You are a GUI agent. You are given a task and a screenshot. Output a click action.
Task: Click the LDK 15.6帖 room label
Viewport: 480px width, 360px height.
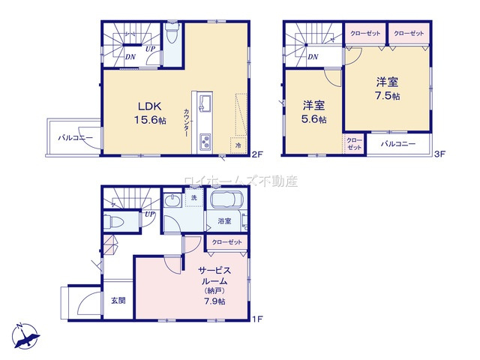tap(149, 112)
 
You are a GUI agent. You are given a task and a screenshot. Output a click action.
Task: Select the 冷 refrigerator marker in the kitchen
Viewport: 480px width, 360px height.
tap(238, 144)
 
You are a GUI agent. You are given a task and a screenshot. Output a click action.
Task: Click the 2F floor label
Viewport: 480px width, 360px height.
tap(256, 155)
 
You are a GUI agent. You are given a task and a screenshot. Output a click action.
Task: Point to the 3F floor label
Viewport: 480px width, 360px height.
tap(441, 155)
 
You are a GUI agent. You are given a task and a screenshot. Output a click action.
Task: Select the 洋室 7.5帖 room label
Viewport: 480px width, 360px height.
tap(386, 88)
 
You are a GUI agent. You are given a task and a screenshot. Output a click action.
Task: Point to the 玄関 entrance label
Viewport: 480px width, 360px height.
tap(118, 301)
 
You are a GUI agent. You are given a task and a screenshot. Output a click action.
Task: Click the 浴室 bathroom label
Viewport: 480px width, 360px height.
tap(224, 221)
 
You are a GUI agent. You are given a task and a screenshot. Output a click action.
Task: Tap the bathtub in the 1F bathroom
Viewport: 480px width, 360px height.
tap(227, 202)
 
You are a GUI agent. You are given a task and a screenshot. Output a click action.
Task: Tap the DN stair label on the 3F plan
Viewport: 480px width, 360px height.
tap(313, 56)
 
